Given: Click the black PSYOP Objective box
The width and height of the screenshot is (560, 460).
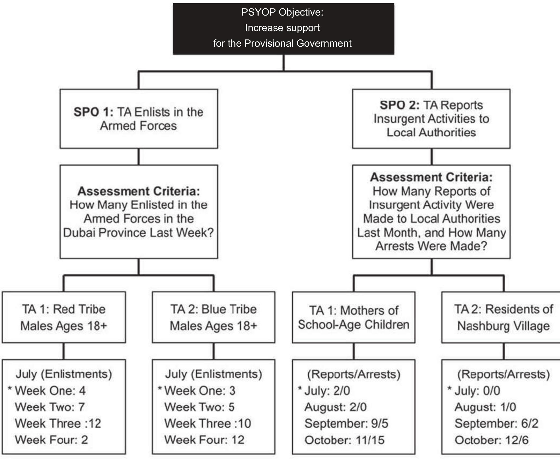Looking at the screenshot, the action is pos(283,29).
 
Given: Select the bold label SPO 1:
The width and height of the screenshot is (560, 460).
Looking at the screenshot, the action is pos(94,112).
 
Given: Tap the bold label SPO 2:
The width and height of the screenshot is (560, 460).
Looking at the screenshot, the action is pos(399,105).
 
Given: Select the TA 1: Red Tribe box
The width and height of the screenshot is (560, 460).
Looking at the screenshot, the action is pos(64,317).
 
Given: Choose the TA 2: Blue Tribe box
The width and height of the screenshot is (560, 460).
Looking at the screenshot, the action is pos(214,317).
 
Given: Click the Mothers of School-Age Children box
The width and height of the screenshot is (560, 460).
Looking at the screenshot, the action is pos(354,317).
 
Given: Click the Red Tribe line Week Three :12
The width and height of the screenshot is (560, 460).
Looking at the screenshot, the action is pos(58,424).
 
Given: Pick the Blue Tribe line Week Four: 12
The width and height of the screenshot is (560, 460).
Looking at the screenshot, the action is pos(204,440).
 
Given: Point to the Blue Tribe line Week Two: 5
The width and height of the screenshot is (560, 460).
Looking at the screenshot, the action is pos(199,407).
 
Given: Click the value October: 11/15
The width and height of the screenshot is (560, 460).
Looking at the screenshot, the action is pos(344,440).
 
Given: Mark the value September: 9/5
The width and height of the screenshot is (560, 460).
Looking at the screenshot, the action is pos(346,424).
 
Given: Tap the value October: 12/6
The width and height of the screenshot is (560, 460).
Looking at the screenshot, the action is pos(491,440).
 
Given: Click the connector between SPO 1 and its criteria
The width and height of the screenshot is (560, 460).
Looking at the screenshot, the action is pos(139,157).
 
